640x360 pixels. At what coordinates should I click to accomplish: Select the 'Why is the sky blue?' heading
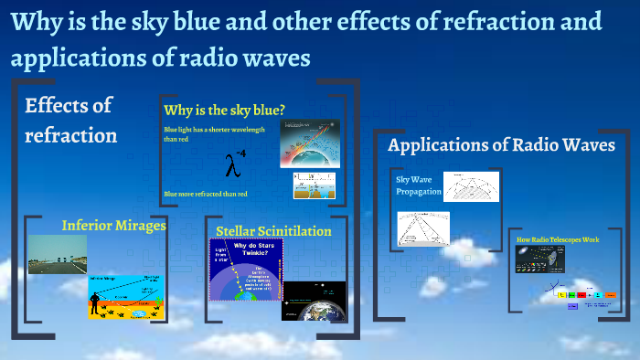[x=224, y=111]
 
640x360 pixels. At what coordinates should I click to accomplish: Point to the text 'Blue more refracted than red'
[x=206, y=194]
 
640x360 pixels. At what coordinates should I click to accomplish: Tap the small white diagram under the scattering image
[x=314, y=185]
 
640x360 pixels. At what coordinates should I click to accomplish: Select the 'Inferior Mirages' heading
[x=113, y=225]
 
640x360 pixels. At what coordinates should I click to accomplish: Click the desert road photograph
[x=57, y=255]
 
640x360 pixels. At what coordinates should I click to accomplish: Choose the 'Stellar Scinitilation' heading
[x=273, y=231]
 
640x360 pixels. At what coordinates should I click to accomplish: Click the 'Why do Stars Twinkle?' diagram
[x=244, y=271]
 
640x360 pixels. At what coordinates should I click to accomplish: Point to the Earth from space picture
[x=314, y=302]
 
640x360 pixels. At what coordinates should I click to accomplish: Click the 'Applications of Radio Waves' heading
[x=501, y=145]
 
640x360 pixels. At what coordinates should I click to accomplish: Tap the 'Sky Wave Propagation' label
[x=418, y=186]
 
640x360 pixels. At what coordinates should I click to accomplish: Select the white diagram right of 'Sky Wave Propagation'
[x=472, y=186]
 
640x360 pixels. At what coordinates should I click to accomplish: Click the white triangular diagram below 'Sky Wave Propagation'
[x=423, y=228]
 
